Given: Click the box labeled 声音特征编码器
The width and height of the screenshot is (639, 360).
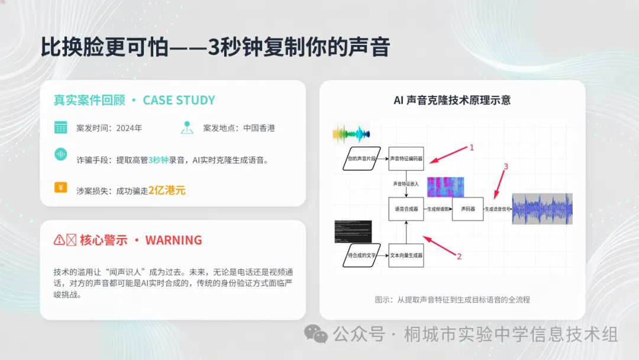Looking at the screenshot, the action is (x=406, y=159).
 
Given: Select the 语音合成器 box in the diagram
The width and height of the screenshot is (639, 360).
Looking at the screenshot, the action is (x=406, y=209).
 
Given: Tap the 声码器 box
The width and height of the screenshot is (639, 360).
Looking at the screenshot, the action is (x=464, y=209).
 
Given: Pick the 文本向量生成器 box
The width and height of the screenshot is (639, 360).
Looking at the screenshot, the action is (x=406, y=255).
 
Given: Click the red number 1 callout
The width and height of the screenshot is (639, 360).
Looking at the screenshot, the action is (x=472, y=147).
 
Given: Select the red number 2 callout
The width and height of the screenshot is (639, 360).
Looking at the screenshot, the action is (x=458, y=256).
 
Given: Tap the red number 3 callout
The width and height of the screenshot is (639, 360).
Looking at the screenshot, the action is (x=505, y=167).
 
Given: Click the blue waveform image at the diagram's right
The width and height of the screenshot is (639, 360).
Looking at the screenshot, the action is (x=542, y=208).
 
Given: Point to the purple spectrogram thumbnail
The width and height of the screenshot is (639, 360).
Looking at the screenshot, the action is (x=446, y=187).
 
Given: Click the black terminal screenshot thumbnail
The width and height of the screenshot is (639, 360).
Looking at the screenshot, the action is (x=353, y=232).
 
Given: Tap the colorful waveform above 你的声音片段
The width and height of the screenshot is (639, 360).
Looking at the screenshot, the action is (x=351, y=133).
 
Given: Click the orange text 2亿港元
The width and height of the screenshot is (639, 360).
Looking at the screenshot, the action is (x=167, y=190).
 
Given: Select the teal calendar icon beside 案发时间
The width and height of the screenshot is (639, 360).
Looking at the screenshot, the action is (x=60, y=127).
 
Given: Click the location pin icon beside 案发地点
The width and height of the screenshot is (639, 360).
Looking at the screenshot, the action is (x=188, y=127).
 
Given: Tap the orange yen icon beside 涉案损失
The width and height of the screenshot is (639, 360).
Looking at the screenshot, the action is (x=60, y=188).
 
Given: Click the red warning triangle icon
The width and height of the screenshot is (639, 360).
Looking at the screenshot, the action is (x=59, y=240).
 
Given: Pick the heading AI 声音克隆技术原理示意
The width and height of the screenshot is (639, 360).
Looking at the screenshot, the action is (x=452, y=100).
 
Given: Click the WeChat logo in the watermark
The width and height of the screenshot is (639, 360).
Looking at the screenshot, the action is (x=316, y=335).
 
